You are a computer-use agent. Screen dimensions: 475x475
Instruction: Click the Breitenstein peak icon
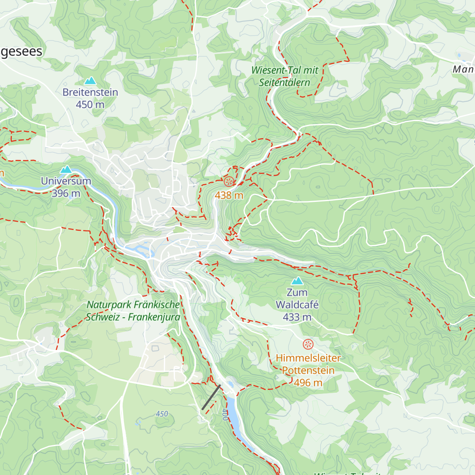click(x=90, y=81)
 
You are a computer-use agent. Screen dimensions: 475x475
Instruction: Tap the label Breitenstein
click(x=90, y=92)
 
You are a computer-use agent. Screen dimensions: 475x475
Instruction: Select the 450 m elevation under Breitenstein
click(x=90, y=104)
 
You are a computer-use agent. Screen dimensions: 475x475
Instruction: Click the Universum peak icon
click(x=66, y=170)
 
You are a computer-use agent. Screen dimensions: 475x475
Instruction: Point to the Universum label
click(x=66, y=181)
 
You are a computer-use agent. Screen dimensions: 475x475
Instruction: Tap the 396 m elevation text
click(x=66, y=193)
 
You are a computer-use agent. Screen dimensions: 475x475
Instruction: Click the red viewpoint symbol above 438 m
click(x=229, y=182)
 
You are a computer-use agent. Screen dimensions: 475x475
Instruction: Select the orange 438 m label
click(x=229, y=195)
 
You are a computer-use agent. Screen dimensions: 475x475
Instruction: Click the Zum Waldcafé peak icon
click(x=297, y=281)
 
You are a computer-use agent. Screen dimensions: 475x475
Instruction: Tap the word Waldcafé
click(x=297, y=305)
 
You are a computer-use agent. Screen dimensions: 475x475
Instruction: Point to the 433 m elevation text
click(x=297, y=317)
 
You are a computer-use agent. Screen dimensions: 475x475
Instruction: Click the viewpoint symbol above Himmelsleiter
click(x=308, y=344)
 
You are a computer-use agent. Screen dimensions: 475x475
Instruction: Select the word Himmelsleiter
click(x=308, y=358)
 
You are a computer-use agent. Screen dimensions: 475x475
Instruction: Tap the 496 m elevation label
click(x=308, y=383)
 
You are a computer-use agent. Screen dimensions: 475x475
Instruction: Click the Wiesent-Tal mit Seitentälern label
click(x=285, y=76)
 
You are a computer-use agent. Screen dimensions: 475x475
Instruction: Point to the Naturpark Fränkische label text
click(x=133, y=305)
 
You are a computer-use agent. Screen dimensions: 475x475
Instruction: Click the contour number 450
click(x=162, y=414)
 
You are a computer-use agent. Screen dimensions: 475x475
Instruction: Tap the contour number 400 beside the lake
click(x=225, y=414)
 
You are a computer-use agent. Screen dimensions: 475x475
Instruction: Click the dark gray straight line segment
click(x=211, y=397)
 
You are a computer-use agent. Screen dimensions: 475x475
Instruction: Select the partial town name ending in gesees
click(x=21, y=51)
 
